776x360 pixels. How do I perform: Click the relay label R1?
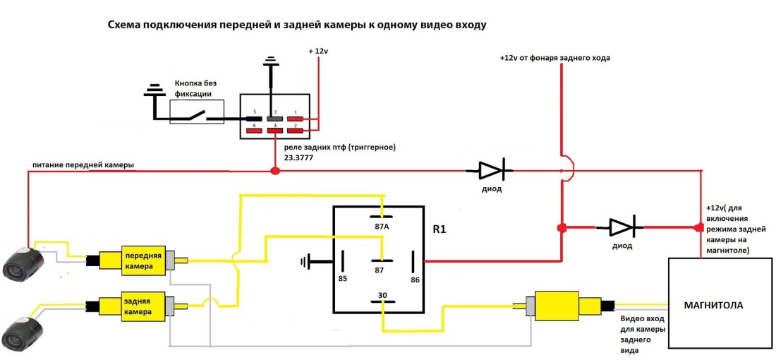click(x=439, y=230)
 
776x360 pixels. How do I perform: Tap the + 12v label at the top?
click(x=319, y=52)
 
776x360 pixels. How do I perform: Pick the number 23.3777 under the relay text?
click(x=298, y=159)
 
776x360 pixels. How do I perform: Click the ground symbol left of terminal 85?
click(x=305, y=263)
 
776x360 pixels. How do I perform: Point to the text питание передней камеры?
click(x=83, y=164)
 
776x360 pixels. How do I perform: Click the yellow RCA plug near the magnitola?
click(x=557, y=306)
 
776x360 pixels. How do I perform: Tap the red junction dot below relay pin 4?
click(x=274, y=170)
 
